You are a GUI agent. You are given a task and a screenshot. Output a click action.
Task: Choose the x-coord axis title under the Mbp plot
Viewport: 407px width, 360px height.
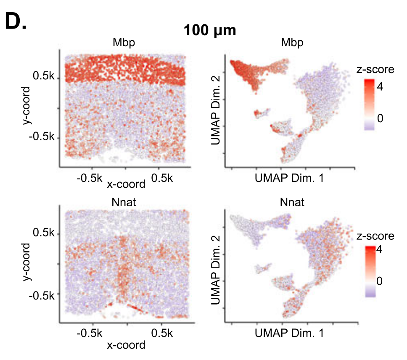(126, 184)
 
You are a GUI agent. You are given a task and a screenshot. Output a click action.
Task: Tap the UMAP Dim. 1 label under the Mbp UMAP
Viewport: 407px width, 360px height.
(289, 179)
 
